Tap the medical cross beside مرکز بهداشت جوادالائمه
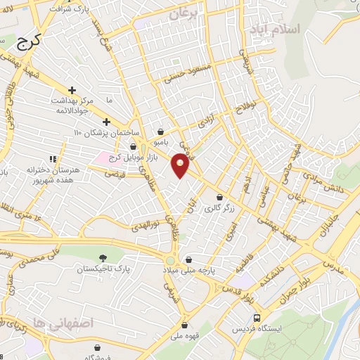pyautogui.click(x=72, y=91)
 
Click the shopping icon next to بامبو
pyautogui.click(x=161, y=131)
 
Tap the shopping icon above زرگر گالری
pyautogui.click(x=221, y=198)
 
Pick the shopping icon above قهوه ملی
pyautogui.click(x=185, y=326)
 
